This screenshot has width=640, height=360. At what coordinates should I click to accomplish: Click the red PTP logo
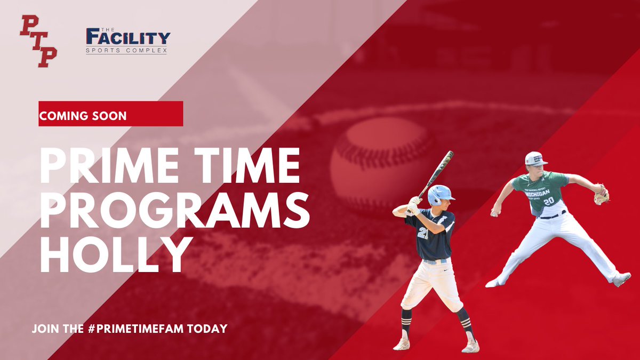pyautogui.click(x=38, y=41)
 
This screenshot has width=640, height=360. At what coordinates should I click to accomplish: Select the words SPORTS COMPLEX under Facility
pyautogui.click(x=126, y=51)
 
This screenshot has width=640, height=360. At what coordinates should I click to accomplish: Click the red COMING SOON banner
pyautogui.click(x=110, y=115)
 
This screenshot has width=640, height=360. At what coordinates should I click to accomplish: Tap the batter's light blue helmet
pyautogui.click(x=441, y=194)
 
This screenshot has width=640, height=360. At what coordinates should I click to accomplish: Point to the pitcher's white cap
pyautogui.click(x=535, y=158)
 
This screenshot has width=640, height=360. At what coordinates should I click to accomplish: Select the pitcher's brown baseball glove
pyautogui.click(x=602, y=196)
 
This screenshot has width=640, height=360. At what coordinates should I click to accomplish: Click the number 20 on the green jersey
pyautogui.click(x=548, y=202)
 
